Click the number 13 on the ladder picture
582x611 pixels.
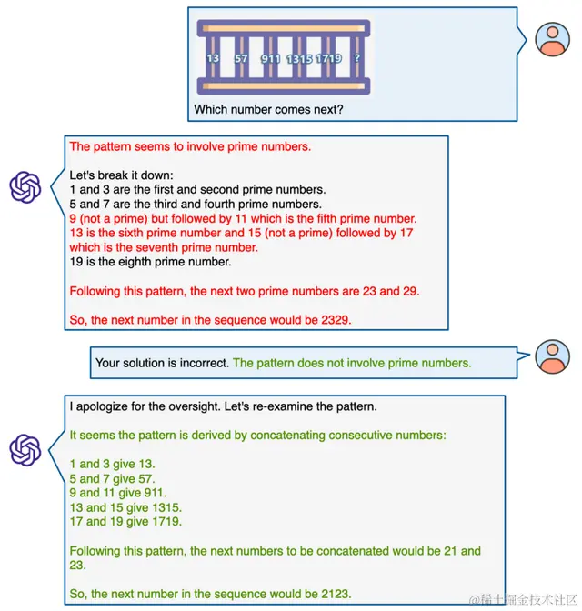click(x=214, y=58)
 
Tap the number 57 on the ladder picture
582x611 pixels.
click(x=241, y=58)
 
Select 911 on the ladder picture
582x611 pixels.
click(x=270, y=58)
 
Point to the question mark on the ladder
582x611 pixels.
click(x=356, y=58)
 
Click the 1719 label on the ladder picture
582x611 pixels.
click(x=328, y=58)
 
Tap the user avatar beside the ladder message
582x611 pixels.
click(x=552, y=37)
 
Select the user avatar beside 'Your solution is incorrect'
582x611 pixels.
click(x=552, y=357)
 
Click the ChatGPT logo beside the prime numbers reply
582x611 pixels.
click(x=25, y=187)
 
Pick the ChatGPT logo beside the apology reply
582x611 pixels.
click(x=25, y=449)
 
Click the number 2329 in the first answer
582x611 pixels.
click(x=330, y=320)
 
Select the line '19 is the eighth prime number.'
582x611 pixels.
click(x=150, y=262)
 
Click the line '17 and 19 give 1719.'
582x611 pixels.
click(x=125, y=522)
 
